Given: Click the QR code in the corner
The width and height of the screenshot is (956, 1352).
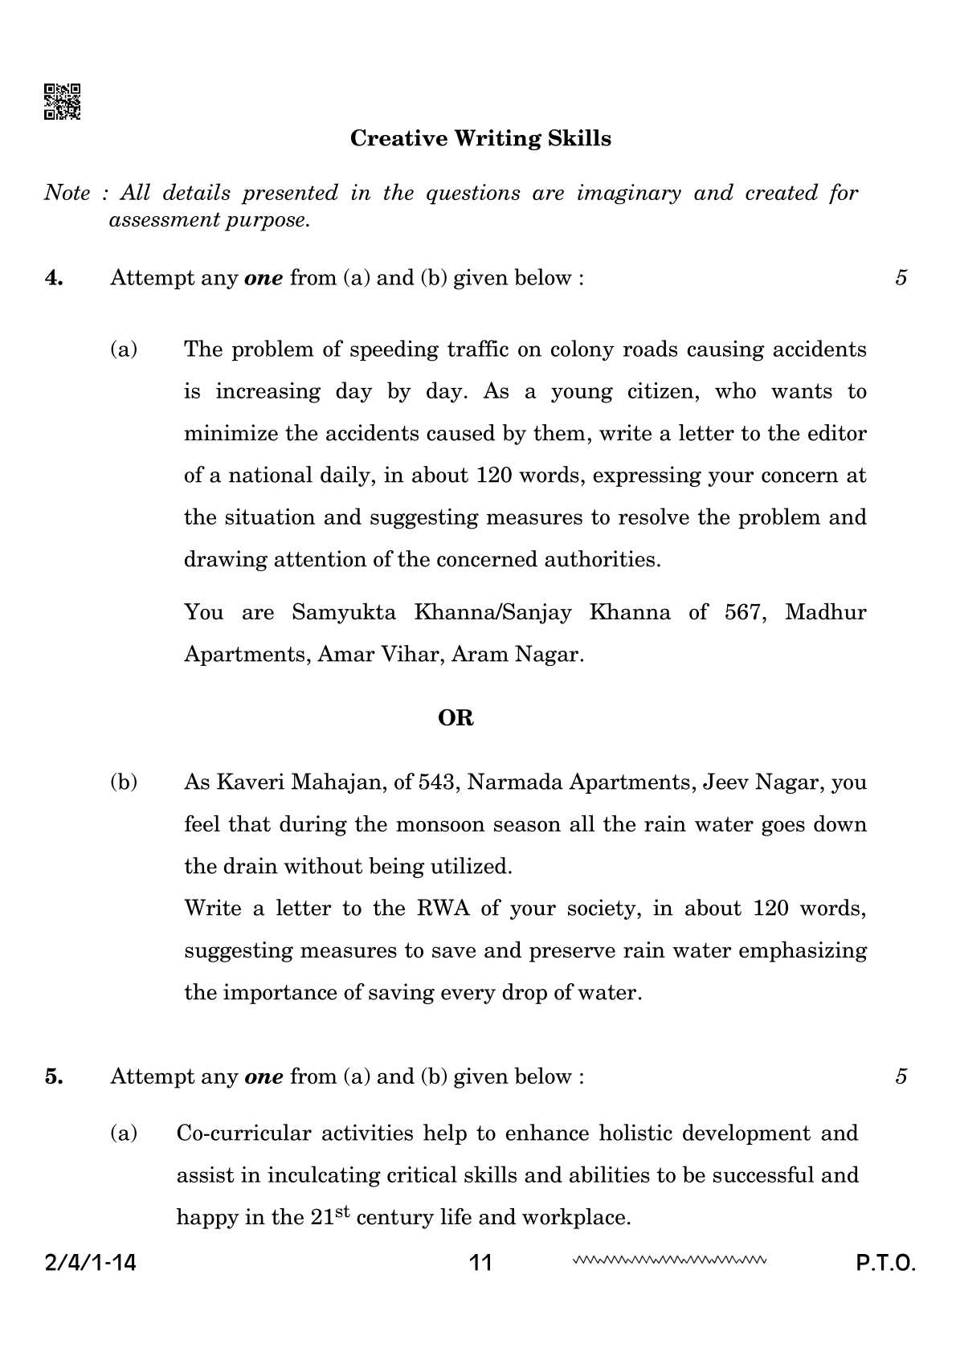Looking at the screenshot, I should pyautogui.click(x=62, y=102).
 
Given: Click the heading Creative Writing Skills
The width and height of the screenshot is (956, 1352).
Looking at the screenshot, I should pyautogui.click(x=480, y=139).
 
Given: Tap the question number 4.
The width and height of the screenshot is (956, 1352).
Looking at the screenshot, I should pyautogui.click(x=54, y=278).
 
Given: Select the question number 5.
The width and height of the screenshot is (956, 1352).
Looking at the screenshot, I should pyautogui.click(x=54, y=1076).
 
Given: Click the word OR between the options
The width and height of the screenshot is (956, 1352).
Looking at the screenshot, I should pyautogui.click(x=456, y=718).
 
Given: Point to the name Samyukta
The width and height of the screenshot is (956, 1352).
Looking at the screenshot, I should pyautogui.click(x=344, y=612).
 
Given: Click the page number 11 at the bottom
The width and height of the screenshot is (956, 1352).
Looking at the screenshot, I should pyautogui.click(x=480, y=1263).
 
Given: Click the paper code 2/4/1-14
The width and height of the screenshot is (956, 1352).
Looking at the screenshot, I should pyautogui.click(x=90, y=1263).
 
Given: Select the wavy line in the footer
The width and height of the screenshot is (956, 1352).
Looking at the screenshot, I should pyautogui.click(x=670, y=1260).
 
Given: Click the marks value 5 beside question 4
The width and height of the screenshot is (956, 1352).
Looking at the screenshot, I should pyautogui.click(x=901, y=278).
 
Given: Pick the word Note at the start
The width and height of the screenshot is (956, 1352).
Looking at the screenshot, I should pyautogui.click(x=67, y=193).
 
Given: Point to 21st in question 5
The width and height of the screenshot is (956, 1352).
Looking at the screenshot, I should pyautogui.click(x=329, y=1216).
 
